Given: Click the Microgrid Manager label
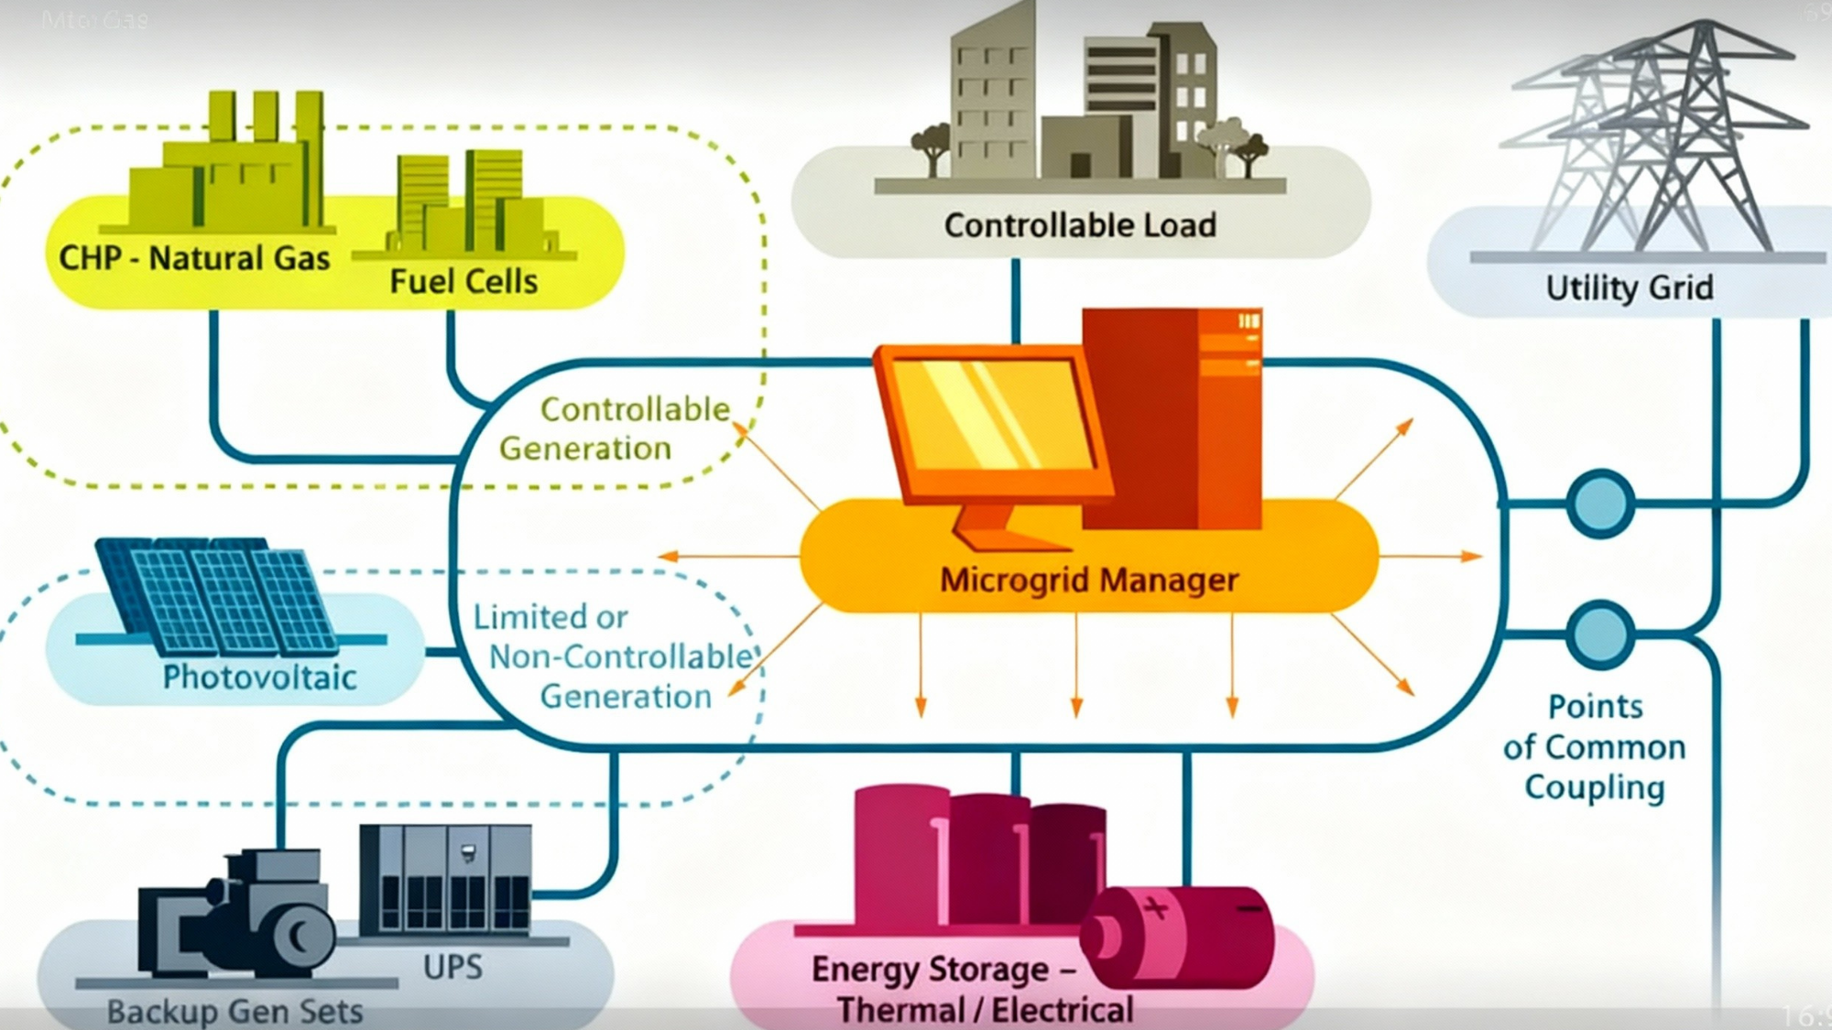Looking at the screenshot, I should pos(1088,580).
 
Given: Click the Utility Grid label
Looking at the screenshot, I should pos(1629,287).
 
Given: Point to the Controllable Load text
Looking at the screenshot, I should pos(1080,225).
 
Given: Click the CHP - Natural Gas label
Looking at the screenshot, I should pos(194,258).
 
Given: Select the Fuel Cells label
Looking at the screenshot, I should pos(463,281).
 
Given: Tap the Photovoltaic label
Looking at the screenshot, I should pos(259,678).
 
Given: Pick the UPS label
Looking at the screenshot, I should pos(453,967).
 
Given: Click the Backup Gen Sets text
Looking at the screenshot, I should pos(234,1011).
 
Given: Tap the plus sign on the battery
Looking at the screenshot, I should pos(1155,908).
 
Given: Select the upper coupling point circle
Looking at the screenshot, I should pos(1600,504).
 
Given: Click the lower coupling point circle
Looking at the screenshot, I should pos(1600,634).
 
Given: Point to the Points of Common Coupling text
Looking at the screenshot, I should pos(1594,747).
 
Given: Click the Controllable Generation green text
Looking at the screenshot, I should pos(614,428).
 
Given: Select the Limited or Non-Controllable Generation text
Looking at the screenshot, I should pos(612,656).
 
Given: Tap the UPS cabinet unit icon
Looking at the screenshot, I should pos(445,879).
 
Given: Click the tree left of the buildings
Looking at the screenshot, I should pos(932,146).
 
